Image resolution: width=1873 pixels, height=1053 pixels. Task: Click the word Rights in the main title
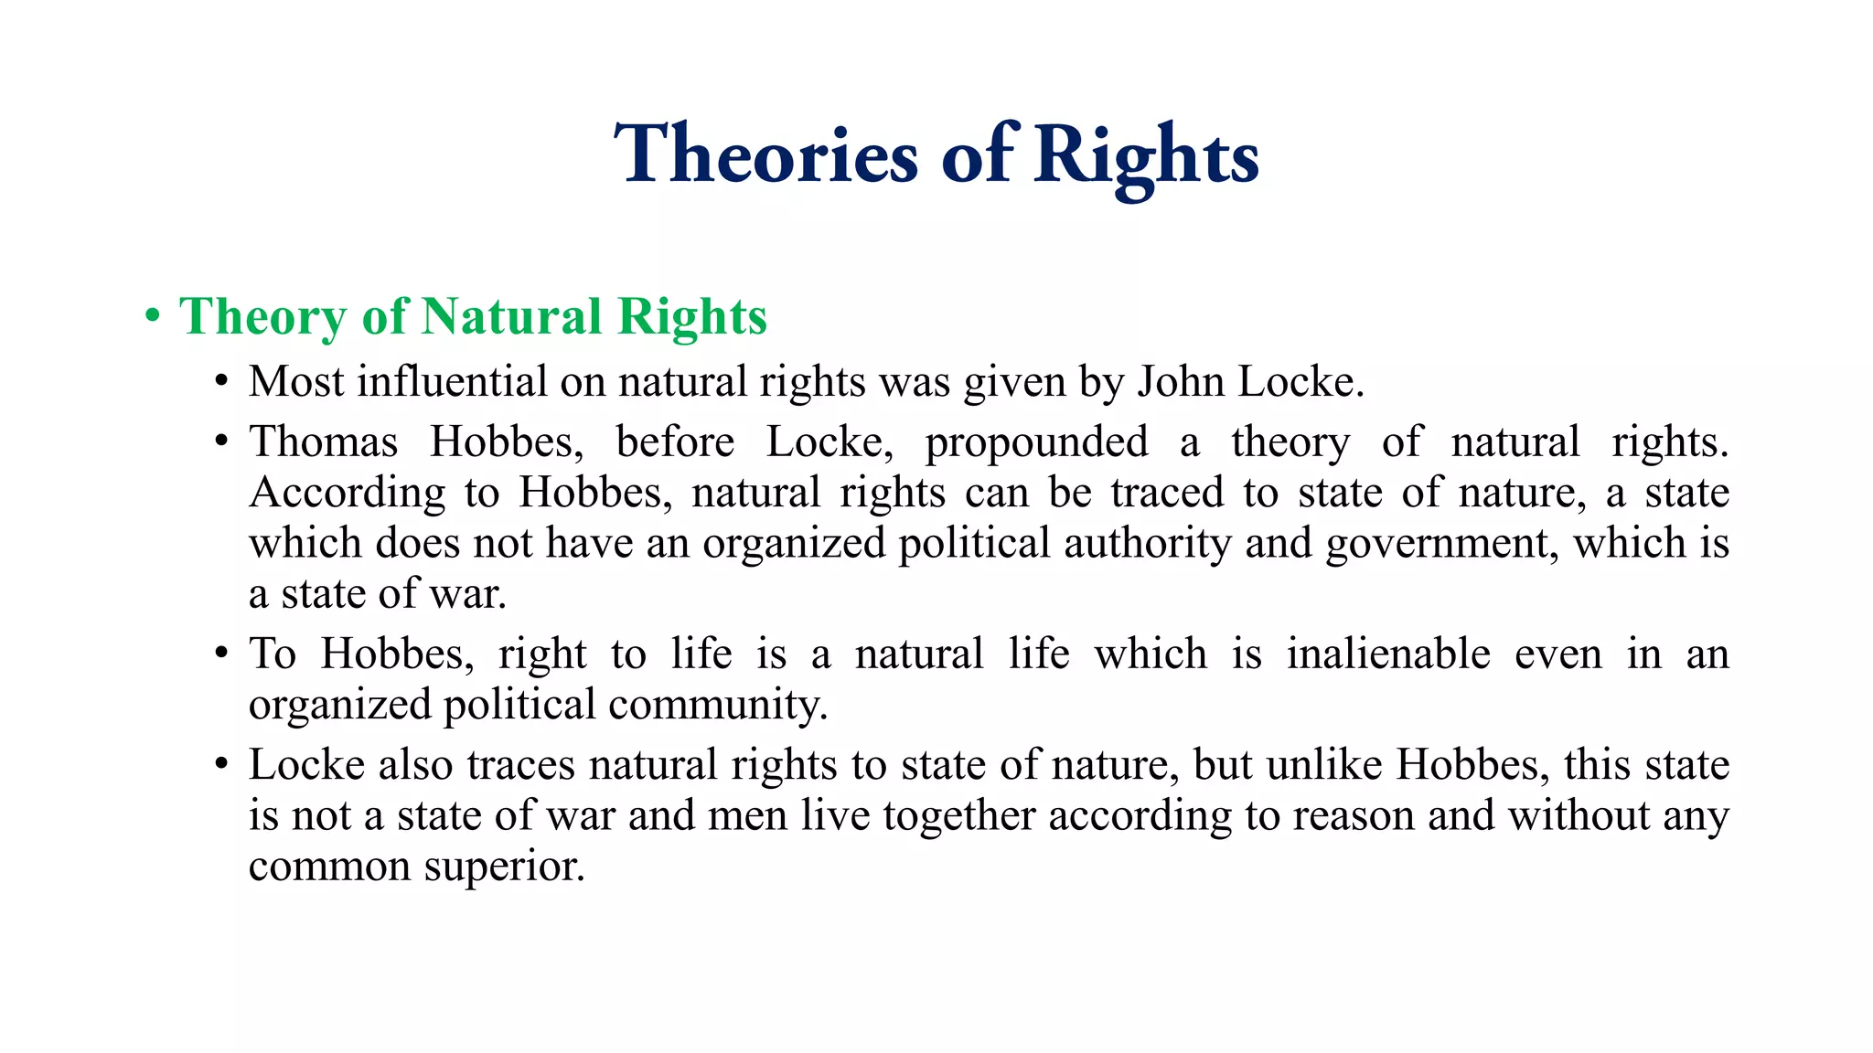(1147, 155)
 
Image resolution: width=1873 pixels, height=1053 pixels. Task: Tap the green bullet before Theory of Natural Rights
(153, 316)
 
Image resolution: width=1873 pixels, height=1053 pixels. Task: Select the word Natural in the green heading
(511, 316)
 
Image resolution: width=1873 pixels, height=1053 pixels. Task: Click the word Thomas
(324, 442)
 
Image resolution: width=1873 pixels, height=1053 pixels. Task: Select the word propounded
(1036, 442)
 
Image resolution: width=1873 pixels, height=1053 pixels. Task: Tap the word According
(348, 494)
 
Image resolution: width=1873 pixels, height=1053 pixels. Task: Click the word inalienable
(1388, 654)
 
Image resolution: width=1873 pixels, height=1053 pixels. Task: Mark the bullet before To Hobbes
(220, 654)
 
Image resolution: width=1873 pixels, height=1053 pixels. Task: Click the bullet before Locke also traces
(220, 765)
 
